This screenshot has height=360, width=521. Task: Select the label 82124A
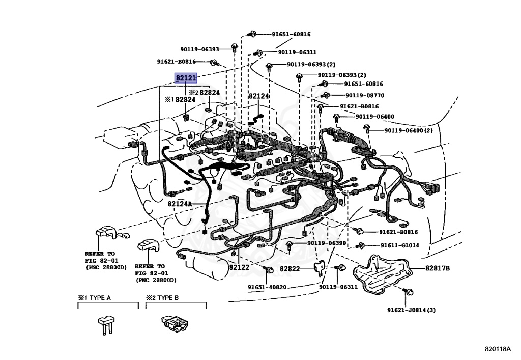(x=180, y=204)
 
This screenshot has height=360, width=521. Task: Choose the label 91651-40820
(x=268, y=287)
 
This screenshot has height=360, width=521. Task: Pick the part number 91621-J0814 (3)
(x=411, y=310)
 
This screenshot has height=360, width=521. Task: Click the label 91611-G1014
(x=400, y=245)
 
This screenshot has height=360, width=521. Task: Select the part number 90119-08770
(x=365, y=95)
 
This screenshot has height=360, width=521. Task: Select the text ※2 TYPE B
(x=162, y=298)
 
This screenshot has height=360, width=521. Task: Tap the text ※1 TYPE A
(x=94, y=298)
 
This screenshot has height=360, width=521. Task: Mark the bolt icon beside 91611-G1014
(x=361, y=245)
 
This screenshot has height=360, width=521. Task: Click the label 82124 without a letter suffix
(x=258, y=96)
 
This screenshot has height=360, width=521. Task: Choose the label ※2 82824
(x=204, y=93)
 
